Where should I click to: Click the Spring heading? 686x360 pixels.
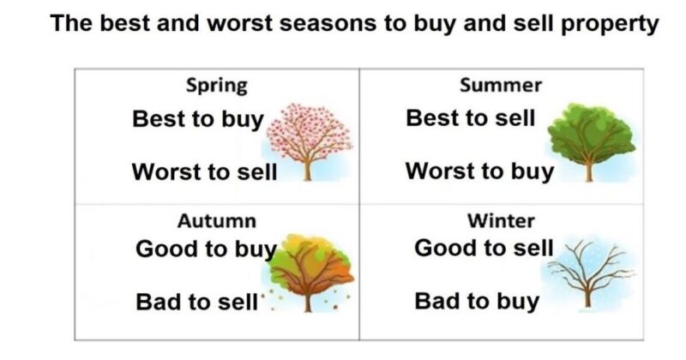point(217,86)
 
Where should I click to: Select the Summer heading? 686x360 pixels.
point(501,86)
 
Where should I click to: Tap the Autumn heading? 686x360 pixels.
point(216,221)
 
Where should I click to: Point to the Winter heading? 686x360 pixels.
point(501,221)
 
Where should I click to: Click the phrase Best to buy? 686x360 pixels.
point(197,119)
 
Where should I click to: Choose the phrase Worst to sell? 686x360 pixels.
point(204,171)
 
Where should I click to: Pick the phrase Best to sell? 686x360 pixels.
point(470,118)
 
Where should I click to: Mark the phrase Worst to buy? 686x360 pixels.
point(479,171)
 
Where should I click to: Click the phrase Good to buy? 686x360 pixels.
point(206,250)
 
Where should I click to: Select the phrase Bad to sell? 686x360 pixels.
point(196,302)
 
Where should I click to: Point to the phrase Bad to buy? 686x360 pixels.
point(477,301)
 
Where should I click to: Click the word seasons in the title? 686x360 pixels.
point(314,23)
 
